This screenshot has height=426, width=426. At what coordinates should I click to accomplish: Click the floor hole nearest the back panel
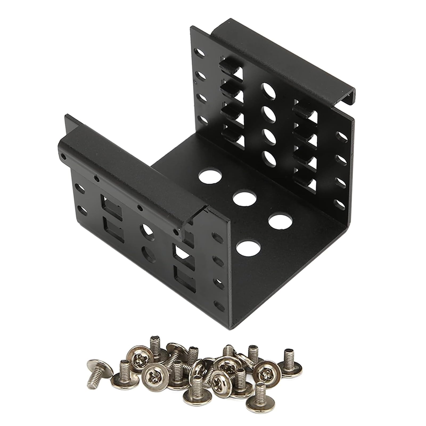pos(210,176)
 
